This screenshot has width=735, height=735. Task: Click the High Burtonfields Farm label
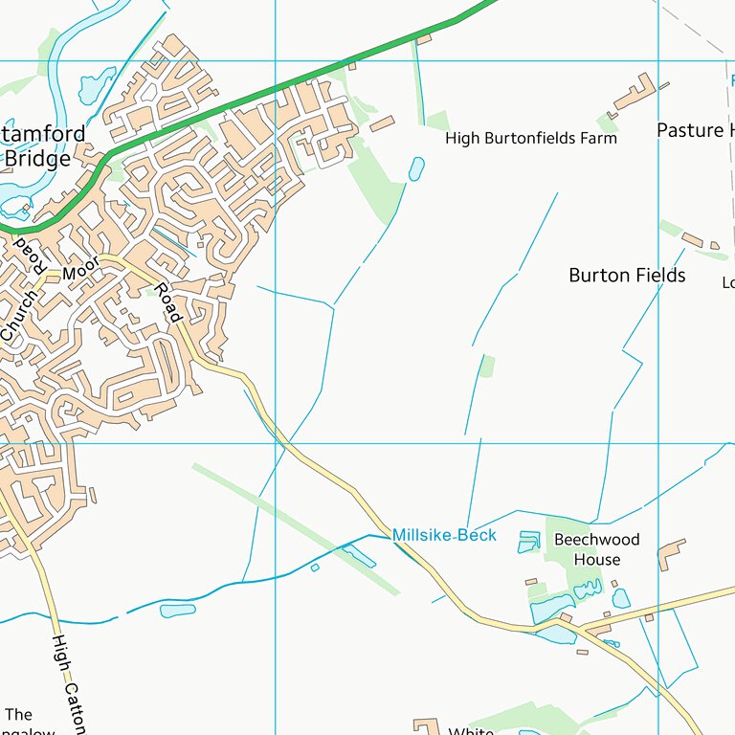[x=531, y=139]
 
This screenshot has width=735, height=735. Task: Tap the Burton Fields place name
[x=627, y=276]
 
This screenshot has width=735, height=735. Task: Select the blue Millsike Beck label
[x=444, y=535]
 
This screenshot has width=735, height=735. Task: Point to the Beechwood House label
[x=597, y=549]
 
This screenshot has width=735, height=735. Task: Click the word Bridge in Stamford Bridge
[x=37, y=159]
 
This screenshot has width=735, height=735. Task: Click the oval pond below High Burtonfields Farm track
[x=416, y=169]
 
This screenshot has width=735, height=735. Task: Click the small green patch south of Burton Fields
[x=488, y=366]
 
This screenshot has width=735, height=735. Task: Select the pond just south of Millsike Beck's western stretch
[x=178, y=611]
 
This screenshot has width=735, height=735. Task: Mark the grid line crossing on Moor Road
[x=276, y=443]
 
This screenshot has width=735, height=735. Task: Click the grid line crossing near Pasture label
[x=658, y=61]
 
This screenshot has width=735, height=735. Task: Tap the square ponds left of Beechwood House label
[x=528, y=542]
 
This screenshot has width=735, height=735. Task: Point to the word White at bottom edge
[x=471, y=730]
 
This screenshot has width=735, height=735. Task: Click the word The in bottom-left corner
[x=19, y=715]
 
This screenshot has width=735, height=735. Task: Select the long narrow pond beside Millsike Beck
[x=359, y=556]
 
